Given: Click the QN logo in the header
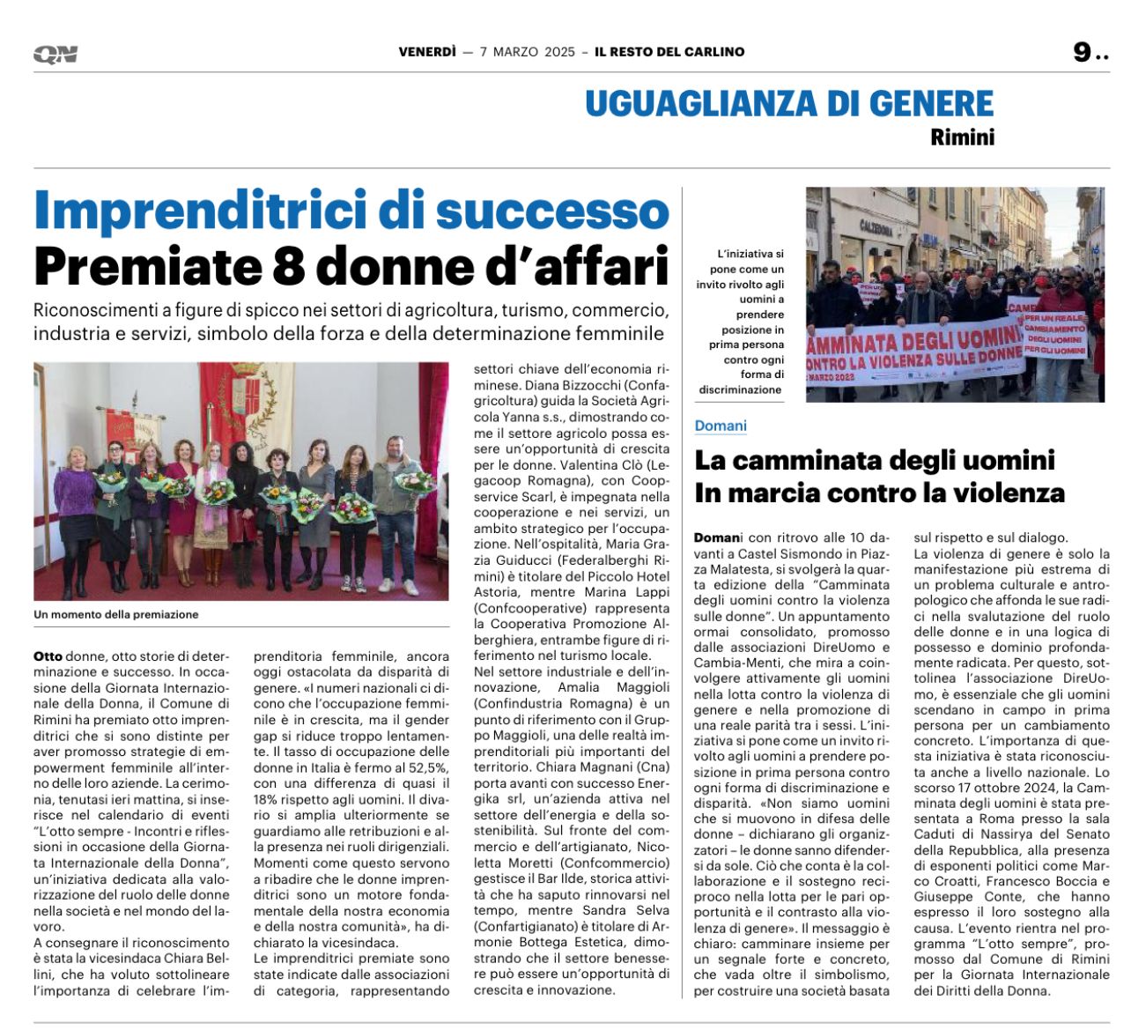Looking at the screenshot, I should pyautogui.click(x=55, y=55).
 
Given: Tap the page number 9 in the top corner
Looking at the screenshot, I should pyautogui.click(x=1082, y=53).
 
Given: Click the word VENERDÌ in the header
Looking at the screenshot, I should pyautogui.click(x=427, y=52).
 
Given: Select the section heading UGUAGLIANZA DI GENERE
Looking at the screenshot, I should pyautogui.click(x=789, y=104).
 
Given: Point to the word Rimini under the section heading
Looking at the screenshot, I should pyautogui.click(x=962, y=137).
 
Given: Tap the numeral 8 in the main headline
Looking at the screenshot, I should pyautogui.click(x=288, y=266).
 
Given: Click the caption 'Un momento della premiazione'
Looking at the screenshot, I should pyautogui.click(x=116, y=615).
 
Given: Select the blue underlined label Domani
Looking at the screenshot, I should pyautogui.click(x=721, y=426).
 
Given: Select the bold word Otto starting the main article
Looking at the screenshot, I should pyautogui.click(x=48, y=656).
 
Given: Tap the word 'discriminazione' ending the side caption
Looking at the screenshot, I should pyautogui.click(x=740, y=389).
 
